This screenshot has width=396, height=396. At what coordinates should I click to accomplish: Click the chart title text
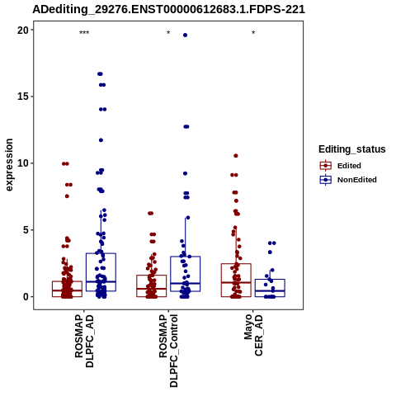point(168,10)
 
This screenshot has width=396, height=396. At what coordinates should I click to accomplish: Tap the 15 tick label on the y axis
point(22,97)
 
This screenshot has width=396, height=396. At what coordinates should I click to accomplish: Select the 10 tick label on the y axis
point(22,163)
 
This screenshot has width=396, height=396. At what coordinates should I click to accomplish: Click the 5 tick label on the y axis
point(26,230)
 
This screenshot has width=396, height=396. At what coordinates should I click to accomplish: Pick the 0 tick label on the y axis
point(26,297)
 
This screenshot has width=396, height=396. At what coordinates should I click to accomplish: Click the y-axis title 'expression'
point(9,165)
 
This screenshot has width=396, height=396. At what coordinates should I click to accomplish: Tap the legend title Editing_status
point(352,149)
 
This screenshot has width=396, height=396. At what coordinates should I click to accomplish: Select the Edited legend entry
point(341,166)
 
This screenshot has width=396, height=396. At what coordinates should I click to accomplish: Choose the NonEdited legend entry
point(348,180)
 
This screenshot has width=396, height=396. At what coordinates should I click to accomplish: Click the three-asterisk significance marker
point(84,33)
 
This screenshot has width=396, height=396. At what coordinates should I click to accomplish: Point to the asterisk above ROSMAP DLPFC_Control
point(168,33)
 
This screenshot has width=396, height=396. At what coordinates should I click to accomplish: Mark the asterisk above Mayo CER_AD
point(253,33)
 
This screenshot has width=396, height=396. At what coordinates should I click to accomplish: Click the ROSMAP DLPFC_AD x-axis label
point(84,342)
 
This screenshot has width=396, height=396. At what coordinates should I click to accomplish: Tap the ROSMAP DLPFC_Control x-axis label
point(168,351)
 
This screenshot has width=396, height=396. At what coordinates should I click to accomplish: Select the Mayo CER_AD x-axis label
point(253,336)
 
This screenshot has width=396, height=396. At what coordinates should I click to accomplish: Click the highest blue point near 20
point(185,35)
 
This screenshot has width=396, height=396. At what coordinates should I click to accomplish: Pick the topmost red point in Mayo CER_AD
point(236,156)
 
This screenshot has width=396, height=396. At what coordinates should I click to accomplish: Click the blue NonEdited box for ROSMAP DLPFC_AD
point(101,253)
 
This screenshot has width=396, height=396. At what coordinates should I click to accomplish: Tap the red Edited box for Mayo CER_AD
point(236,264)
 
